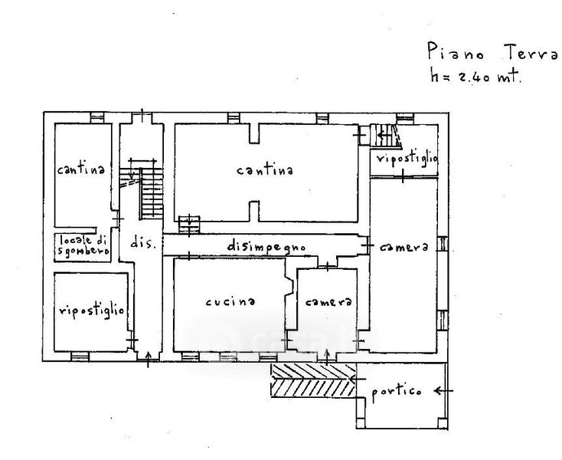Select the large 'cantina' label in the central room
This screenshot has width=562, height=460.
click(265, 171)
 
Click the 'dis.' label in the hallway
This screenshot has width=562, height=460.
click(143, 244)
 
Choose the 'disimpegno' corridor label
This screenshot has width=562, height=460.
click(266, 247)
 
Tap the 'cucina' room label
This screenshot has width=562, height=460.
click(230, 302)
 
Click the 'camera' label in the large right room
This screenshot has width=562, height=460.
click(403, 248)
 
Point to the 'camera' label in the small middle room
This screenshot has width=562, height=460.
click(328, 302)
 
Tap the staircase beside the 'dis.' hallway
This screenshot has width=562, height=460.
click(150, 192)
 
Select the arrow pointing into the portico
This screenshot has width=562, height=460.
click(443, 391)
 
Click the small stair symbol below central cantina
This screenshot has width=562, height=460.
click(189, 224)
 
